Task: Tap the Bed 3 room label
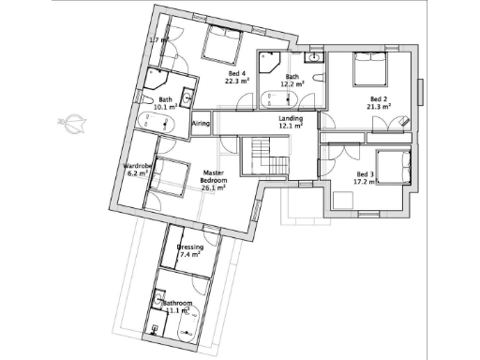(x=365, y=177)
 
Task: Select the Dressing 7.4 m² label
(x=190, y=250)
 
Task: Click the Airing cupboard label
(x=201, y=123)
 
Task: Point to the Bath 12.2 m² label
(x=292, y=81)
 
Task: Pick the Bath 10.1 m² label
(x=165, y=103)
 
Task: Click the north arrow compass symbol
(x=72, y=122)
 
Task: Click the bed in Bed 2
(x=368, y=69)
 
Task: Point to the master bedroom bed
(x=171, y=176)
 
